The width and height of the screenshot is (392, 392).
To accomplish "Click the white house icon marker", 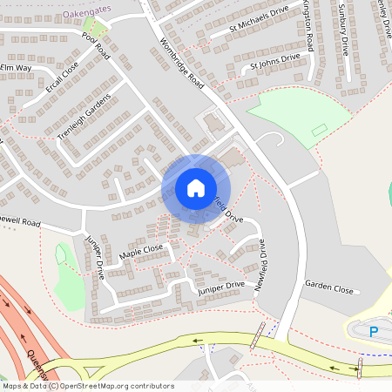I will [195, 187].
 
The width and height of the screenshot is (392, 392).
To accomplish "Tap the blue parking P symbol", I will [375, 331].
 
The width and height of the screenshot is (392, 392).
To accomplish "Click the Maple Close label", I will [142, 252].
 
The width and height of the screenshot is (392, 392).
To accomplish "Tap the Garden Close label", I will [329, 288].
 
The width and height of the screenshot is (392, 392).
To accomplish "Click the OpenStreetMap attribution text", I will [88, 385].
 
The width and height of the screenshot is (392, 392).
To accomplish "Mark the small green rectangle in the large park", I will [319, 130].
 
